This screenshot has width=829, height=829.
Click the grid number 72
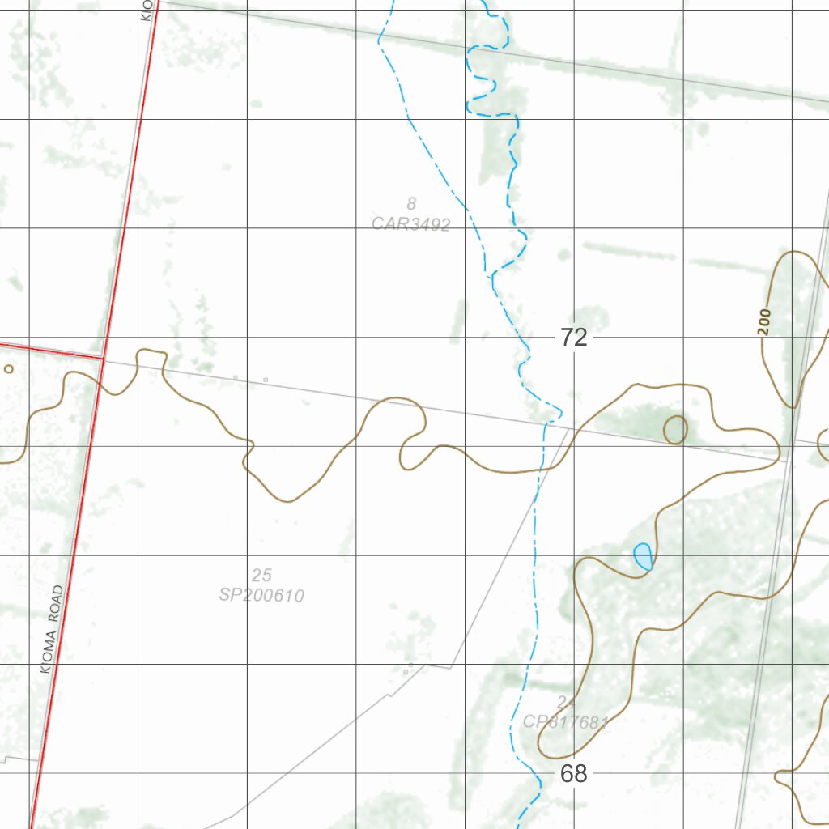coord(573,338)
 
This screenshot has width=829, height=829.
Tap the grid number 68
coord(573,774)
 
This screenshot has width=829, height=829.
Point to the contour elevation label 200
coord(765,321)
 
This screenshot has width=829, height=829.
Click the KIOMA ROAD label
coord(50,630)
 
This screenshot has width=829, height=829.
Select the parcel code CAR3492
coord(410,224)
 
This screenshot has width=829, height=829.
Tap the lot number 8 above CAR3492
coord(411,203)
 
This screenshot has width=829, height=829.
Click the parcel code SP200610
coord(261,596)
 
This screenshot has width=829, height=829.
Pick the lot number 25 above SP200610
coord(261,576)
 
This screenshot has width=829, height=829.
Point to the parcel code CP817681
coord(565,722)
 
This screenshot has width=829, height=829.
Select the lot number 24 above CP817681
coord(565,702)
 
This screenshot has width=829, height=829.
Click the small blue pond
coord(643,556)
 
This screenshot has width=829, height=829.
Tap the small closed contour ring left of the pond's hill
coord(675,429)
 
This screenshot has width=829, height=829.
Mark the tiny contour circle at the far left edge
coord(9,369)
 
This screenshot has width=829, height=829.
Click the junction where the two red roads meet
coord(103,356)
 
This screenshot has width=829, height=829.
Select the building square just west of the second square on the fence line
coord(236,377)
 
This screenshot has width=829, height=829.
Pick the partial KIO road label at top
coord(147,10)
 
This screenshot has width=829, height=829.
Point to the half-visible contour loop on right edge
coord(824,443)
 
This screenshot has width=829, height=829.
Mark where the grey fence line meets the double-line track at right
coord(787,461)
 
